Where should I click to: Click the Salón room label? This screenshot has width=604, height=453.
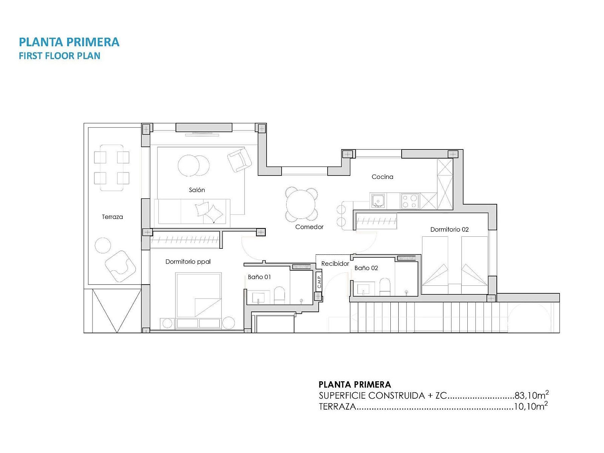coord(197,190)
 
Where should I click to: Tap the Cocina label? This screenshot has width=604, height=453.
coord(382,177)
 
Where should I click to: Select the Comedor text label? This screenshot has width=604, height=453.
coord(309,227)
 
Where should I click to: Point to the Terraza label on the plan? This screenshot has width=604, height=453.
coord(112,217)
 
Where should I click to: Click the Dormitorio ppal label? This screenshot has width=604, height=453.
coord(188,262)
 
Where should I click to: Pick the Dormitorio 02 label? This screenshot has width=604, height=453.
coord(449,230)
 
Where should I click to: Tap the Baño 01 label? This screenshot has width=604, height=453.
coord(259,277)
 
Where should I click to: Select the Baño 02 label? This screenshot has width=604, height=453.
coord(366,268)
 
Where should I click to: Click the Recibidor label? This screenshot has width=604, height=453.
coord(335,263)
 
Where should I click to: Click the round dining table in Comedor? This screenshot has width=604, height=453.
coord(301,204)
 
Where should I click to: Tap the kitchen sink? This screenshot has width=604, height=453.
coord(378,201)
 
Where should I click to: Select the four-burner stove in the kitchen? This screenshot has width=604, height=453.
coord(410,201)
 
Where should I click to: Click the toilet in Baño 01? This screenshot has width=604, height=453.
coord(279,296)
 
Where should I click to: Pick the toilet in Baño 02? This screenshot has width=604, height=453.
coord(385,287)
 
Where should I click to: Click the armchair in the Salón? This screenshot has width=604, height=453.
coord(239,160)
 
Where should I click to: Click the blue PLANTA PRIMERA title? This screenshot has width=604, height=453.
coord(69,42)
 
